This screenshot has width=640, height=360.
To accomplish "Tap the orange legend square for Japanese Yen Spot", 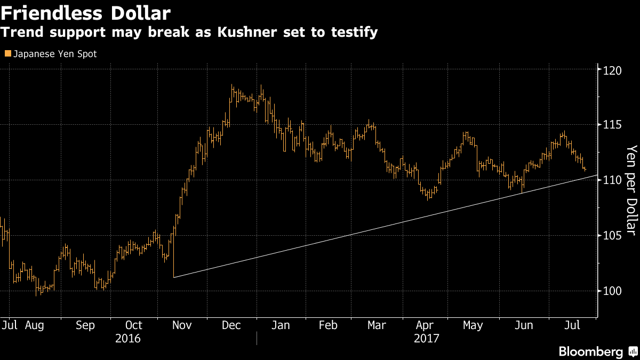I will [7, 54].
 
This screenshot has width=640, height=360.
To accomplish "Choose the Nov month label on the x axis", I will [182, 325].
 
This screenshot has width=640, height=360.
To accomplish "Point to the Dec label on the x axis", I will [231, 325].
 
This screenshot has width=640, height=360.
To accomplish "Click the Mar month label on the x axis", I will [377, 325].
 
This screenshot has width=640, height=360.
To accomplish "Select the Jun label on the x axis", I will [524, 325].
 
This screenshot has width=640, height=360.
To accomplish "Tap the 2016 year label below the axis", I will [128, 339].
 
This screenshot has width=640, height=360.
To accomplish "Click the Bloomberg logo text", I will [590, 351].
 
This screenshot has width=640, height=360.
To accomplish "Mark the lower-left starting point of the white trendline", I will [174, 277].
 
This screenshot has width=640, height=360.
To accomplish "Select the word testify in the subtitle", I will [357, 32].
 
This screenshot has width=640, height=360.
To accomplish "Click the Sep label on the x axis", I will [85, 325].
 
